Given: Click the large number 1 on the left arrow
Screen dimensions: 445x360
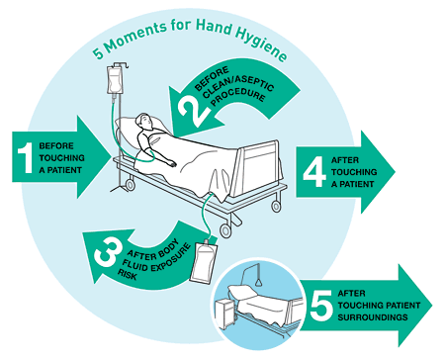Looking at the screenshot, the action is point(26,157).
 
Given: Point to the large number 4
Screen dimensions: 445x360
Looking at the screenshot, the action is point(314,171).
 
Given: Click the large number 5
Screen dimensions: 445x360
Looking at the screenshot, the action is point(321,305).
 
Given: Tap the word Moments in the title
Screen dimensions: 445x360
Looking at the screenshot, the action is point(135,37).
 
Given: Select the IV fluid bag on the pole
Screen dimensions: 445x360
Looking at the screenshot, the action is point(114,80).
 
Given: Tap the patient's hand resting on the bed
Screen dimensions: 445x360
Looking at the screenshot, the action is point(172,163).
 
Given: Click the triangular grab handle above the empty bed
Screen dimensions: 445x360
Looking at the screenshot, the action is point(259,282).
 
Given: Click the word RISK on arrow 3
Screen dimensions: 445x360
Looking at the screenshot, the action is point(127,274).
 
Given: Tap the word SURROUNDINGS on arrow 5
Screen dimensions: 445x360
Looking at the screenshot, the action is point(373,317).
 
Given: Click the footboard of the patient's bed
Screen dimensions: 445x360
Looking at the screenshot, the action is point(258,168).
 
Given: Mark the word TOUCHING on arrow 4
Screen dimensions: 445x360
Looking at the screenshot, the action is point(354,172).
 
